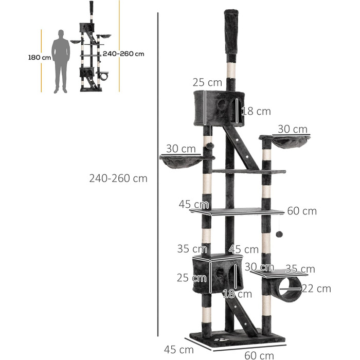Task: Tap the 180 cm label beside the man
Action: pyautogui.click(x=40, y=58)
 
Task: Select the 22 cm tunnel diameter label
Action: pyautogui.click(x=316, y=289)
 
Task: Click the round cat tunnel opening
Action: pyautogui.click(x=290, y=289)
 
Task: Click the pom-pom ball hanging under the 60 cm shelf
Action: pyautogui.click(x=279, y=234)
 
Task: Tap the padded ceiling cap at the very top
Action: pyautogui.click(x=231, y=32)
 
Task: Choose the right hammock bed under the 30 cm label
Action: pyautogui.click(x=289, y=140)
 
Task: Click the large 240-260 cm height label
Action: pyautogui.click(x=118, y=178)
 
